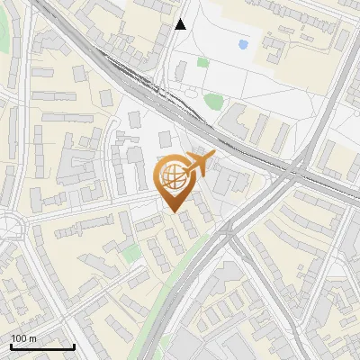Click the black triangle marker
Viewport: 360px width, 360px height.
click(181, 24)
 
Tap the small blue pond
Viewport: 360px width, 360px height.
click(244, 43)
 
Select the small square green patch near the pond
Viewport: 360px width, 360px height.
click(203, 62)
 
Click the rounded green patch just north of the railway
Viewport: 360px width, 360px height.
click(213, 100)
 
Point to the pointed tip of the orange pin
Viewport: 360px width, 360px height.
click(175, 212)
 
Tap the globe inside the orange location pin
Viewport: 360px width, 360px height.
click(172, 175)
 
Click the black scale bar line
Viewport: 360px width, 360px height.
click(42, 346)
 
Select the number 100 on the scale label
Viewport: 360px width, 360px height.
click(20, 338)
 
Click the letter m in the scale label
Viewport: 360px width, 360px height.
click(32, 338)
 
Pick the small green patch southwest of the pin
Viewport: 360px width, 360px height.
click(133, 253)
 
